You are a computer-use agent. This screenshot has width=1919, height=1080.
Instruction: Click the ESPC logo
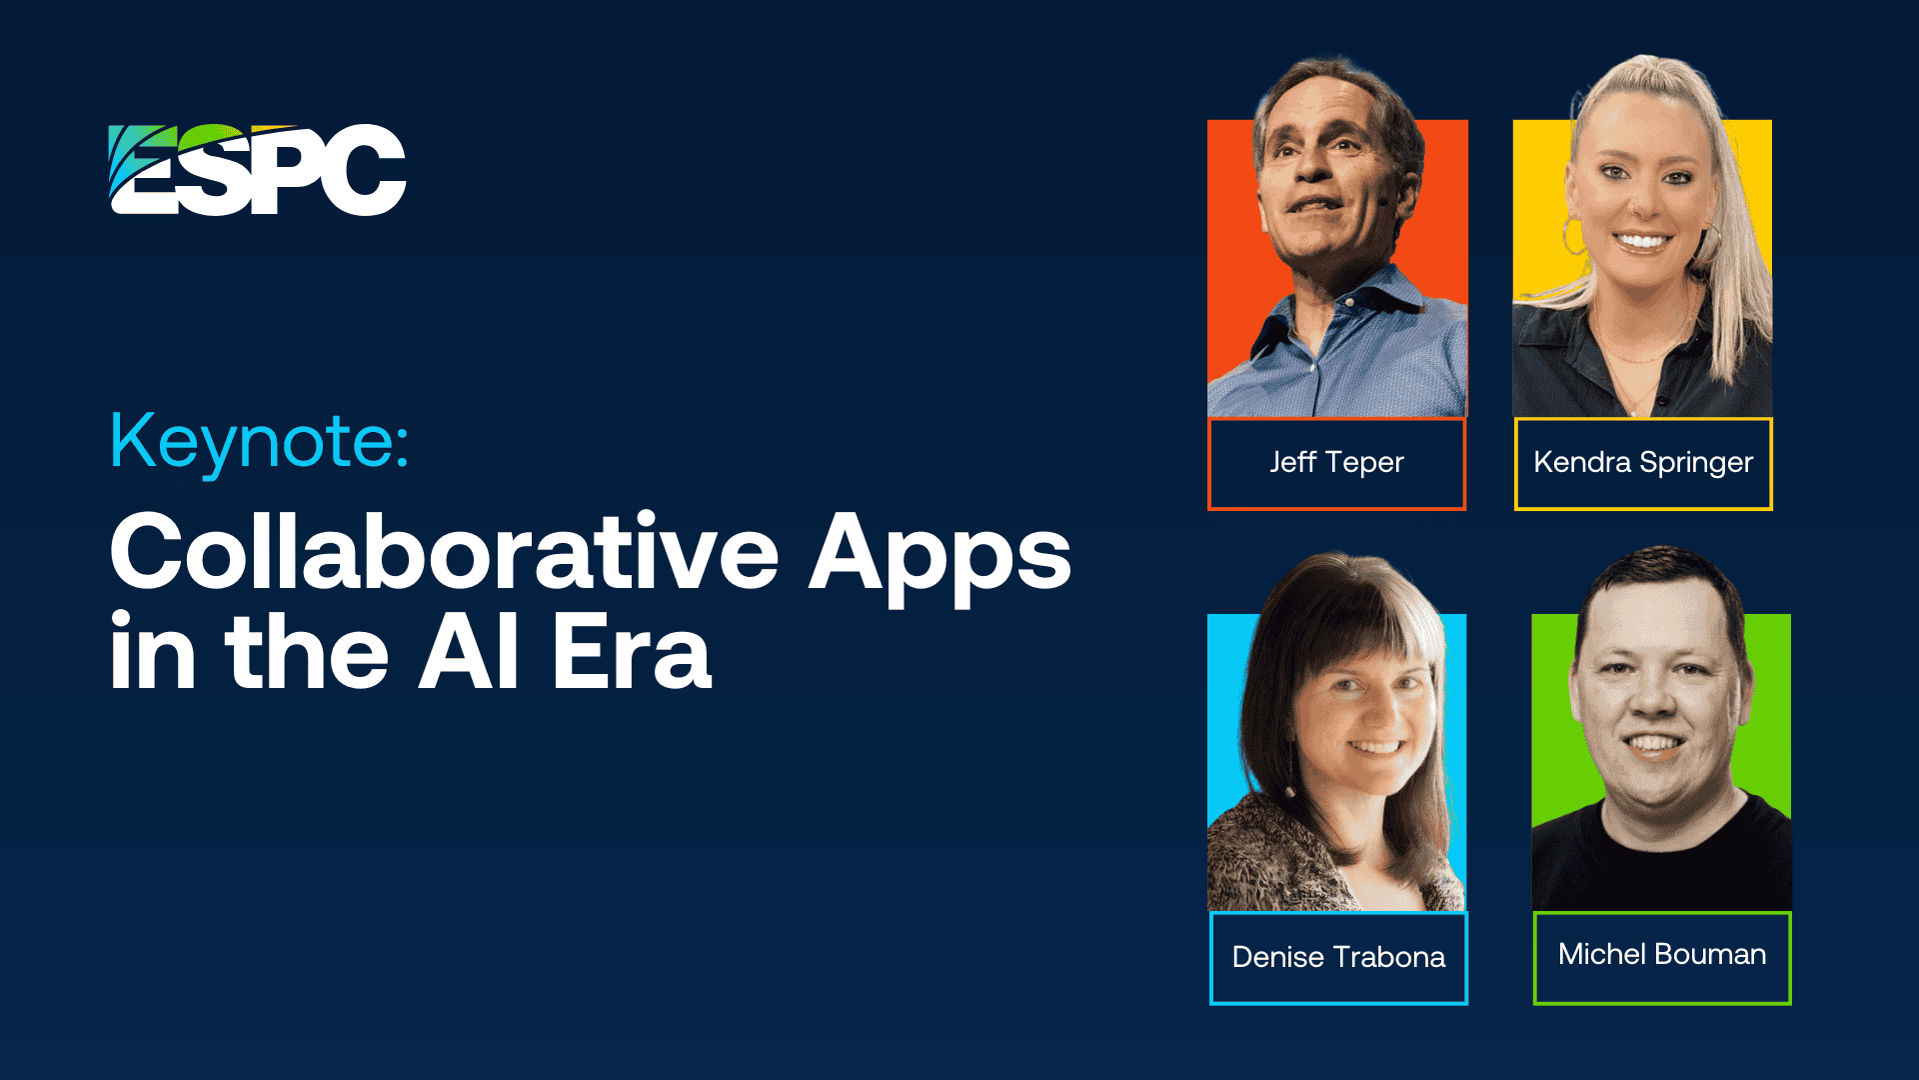point(257,169)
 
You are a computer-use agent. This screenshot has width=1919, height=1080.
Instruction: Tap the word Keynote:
point(260,441)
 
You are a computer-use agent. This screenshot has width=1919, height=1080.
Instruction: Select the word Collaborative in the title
point(444,551)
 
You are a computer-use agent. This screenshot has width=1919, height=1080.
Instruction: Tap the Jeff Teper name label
point(1337,464)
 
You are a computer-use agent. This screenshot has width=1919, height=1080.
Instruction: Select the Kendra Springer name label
point(1643,464)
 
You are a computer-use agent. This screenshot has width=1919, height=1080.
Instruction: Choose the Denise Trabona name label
point(1338,958)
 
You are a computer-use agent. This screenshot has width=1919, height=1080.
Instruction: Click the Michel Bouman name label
point(1662,957)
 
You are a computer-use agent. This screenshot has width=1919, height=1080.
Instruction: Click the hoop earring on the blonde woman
point(1573,237)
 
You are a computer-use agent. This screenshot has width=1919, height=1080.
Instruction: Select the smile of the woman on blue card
point(1376,746)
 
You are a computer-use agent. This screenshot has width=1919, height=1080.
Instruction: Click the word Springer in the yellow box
point(1696,464)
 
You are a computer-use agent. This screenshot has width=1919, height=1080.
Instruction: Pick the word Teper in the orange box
point(1364,464)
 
